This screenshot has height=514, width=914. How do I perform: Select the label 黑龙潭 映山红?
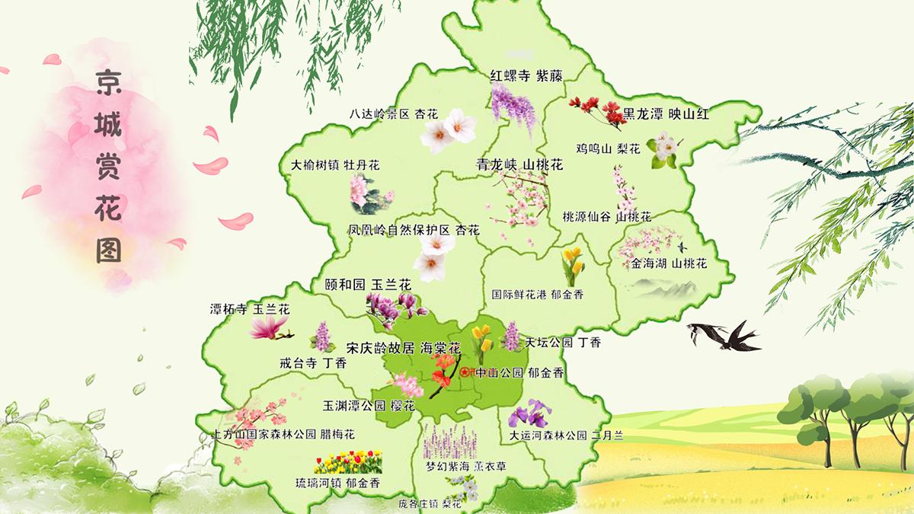[x=666, y=114]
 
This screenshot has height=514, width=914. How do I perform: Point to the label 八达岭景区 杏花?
[x=394, y=114]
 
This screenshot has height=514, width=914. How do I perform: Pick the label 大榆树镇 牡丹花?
[x=335, y=164]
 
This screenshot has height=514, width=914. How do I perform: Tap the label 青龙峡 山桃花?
[x=519, y=164]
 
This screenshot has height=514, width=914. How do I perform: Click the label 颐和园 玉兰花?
[x=368, y=284]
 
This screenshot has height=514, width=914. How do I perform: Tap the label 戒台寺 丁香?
[x=312, y=363]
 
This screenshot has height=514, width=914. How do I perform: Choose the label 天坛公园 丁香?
[x=564, y=343]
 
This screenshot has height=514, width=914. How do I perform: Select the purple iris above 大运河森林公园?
[x=531, y=413]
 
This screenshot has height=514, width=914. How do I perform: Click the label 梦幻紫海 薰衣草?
[x=465, y=466]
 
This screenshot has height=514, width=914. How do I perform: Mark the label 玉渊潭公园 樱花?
[x=369, y=406]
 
